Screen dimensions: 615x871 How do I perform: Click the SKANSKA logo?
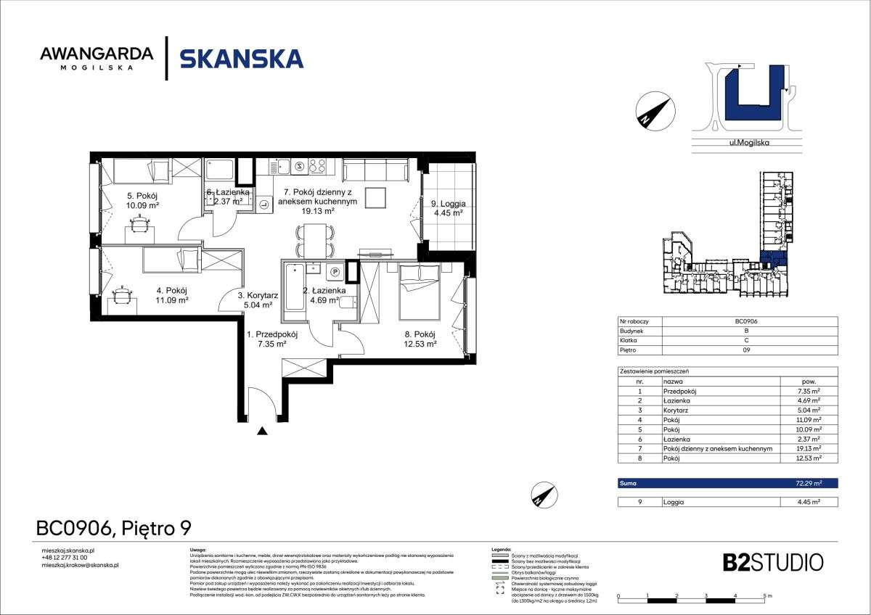(x=241, y=58)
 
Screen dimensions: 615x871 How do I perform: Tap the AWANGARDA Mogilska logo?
(x=97, y=58)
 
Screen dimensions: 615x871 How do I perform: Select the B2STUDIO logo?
(x=773, y=562)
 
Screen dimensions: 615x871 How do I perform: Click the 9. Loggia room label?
(x=449, y=208)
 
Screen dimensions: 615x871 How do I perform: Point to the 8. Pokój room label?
(x=420, y=339)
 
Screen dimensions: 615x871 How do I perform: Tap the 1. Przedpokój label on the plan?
(x=273, y=339)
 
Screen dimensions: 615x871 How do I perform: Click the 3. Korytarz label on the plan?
(x=258, y=300)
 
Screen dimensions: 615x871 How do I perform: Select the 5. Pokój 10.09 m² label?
(x=143, y=200)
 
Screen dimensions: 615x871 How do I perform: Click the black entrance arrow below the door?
(x=262, y=432)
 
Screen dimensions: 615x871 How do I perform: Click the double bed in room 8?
(x=419, y=292)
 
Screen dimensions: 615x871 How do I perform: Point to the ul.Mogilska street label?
(x=748, y=143)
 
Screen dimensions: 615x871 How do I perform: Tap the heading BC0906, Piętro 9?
(x=113, y=529)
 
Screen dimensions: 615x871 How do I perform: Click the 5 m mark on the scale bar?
(x=766, y=595)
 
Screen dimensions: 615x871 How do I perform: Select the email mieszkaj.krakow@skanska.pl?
(x=81, y=564)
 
